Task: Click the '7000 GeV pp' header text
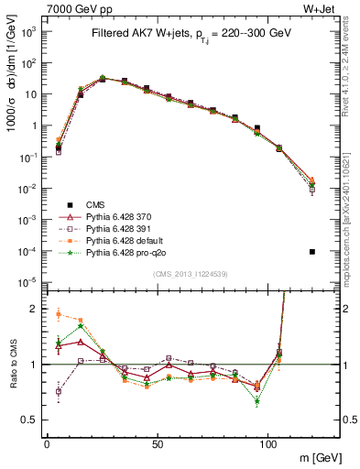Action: [37, 7]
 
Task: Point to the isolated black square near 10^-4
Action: [312, 252]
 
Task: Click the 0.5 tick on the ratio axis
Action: [30, 420]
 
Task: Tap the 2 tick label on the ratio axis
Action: [34, 309]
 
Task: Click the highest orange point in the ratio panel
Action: [60, 314]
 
